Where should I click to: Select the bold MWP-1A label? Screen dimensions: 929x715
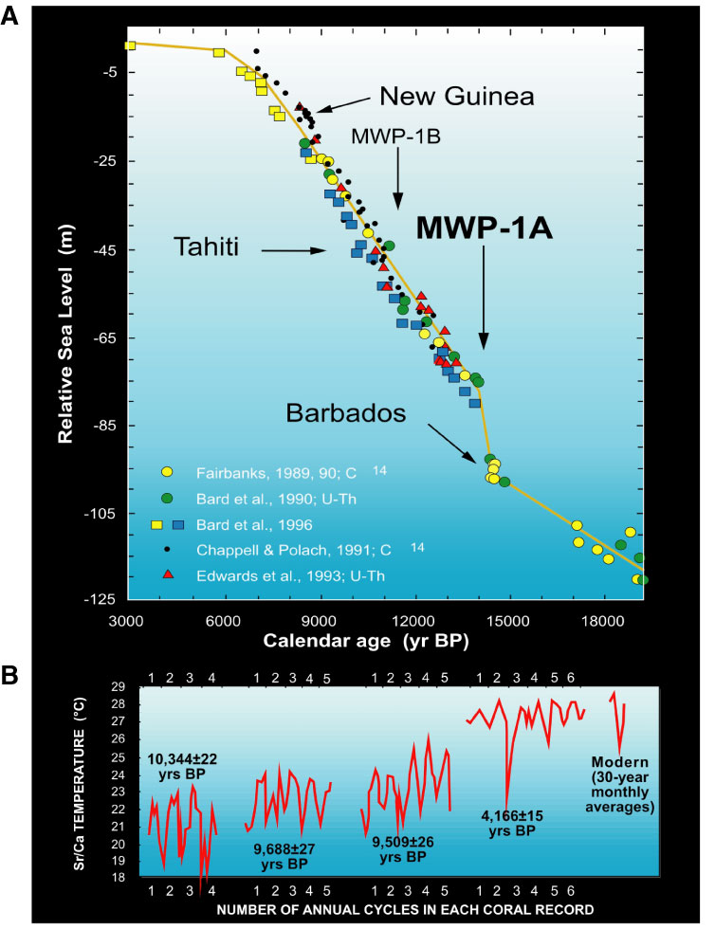pyautogui.click(x=485, y=228)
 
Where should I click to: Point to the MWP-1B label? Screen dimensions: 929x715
pyautogui.click(x=396, y=136)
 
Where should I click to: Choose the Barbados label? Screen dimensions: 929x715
pyautogui.click(x=348, y=413)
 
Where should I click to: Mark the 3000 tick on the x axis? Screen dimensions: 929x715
pyautogui.click(x=126, y=620)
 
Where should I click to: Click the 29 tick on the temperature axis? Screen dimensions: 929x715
pyautogui.click(x=119, y=685)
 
